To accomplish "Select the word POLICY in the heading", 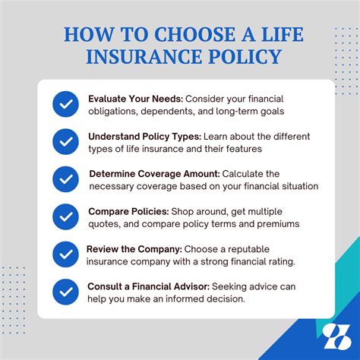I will [x=244, y=58].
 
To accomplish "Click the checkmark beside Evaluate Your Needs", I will [x=65, y=104].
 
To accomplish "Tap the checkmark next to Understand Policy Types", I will [x=65, y=141].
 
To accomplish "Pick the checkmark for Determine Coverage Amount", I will [x=65, y=179].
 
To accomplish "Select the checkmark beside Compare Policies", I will [x=65, y=217].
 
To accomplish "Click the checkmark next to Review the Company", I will [x=65, y=254].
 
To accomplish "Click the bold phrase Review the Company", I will [x=132, y=248].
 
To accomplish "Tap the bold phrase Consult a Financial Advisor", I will [x=148, y=286].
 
